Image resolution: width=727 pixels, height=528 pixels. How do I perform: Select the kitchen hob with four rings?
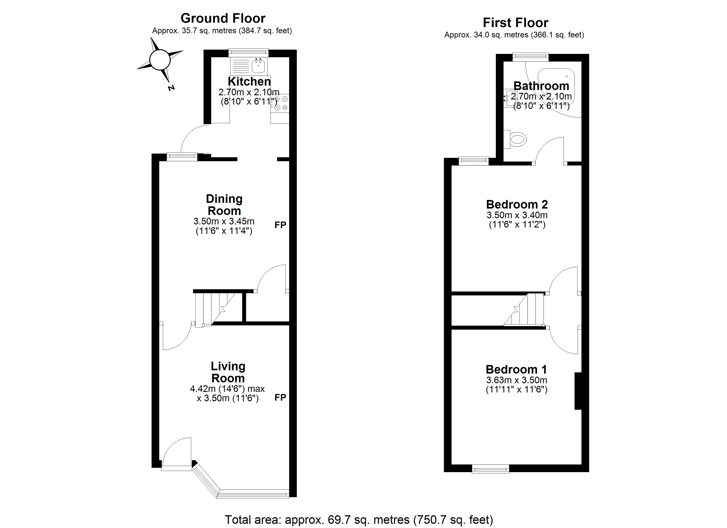tap(280, 103)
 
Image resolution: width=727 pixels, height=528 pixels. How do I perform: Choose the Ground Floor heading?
tap(223, 18)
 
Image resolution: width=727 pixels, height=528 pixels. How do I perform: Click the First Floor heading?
tap(516, 23)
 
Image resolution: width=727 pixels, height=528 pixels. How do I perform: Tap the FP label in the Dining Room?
tap(280, 225)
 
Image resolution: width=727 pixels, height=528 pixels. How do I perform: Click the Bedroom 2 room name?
tap(517, 204)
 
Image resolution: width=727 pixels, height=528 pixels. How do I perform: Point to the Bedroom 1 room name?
tap(516, 370)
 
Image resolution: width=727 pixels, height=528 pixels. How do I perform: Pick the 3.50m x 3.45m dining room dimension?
tap(224, 221)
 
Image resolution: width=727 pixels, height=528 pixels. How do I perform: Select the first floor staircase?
tap(524, 310)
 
